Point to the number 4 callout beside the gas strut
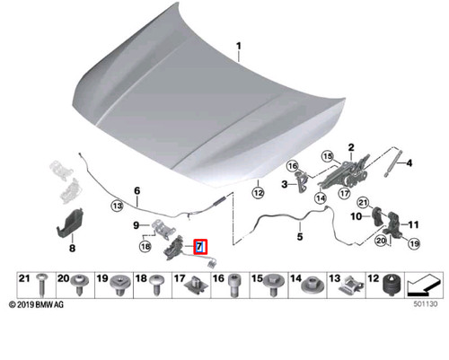[x=410, y=163]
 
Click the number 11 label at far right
[x=414, y=224]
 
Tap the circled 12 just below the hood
[x=258, y=191]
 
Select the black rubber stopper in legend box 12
[x=392, y=286]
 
